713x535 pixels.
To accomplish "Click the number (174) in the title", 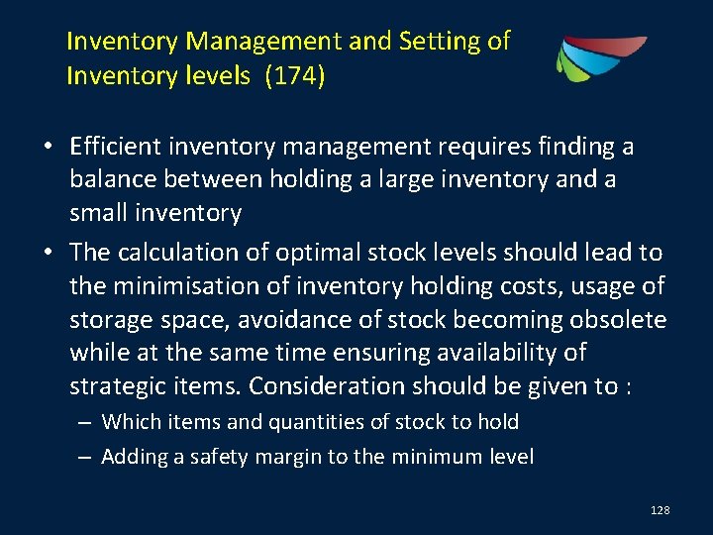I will click(x=293, y=76).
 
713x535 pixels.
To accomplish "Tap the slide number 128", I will click(x=661, y=509).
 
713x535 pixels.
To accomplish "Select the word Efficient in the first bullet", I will click(x=119, y=147).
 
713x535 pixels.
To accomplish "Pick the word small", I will click(x=98, y=212).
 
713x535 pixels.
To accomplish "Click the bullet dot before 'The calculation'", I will click(x=48, y=254).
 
